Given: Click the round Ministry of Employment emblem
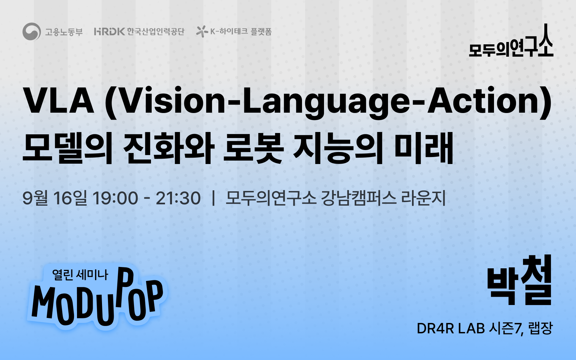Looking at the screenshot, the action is [32, 31].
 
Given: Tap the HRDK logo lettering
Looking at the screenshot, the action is [109, 31].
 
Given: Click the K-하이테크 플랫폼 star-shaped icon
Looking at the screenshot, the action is [202, 32].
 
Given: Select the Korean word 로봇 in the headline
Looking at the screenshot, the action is [253, 148].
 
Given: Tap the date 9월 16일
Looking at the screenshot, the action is [55, 198].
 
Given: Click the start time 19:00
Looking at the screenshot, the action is [115, 198].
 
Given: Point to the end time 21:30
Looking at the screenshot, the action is [178, 198].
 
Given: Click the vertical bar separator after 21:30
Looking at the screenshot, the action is [213, 198].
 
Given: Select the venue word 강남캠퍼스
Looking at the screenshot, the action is [359, 198].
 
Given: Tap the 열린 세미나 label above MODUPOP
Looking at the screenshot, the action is [80, 275].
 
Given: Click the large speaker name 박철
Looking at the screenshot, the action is [519, 281].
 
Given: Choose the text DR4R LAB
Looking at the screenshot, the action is [451, 329].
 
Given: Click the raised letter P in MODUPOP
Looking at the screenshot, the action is [126, 286].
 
